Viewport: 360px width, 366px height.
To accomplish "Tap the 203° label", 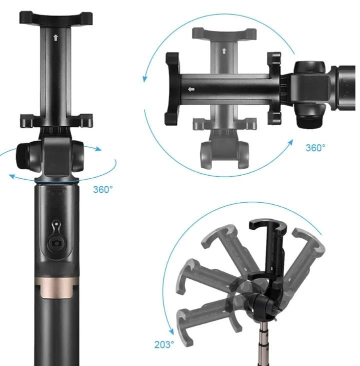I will (x=164, y=344).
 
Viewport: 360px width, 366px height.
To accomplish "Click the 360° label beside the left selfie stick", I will (x=103, y=190).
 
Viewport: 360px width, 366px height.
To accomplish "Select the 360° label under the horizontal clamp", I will (x=315, y=148).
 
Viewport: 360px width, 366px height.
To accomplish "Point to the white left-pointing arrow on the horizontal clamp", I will (x=190, y=90).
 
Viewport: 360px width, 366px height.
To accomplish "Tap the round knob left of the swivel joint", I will (x=26, y=156).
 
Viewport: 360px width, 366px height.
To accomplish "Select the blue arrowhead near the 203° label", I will (x=171, y=331).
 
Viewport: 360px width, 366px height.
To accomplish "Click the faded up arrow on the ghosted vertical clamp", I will (x=223, y=51).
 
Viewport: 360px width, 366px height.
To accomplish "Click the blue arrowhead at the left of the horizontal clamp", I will (x=145, y=78).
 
